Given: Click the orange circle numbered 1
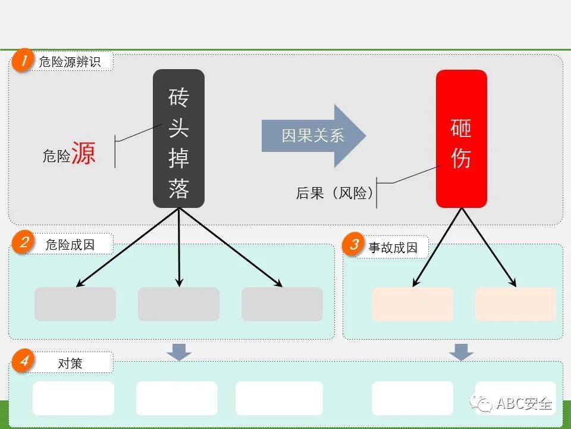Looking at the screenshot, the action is coord(23,61).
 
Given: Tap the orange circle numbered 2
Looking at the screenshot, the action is coord(23,243).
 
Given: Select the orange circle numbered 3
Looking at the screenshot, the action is coord(354,245).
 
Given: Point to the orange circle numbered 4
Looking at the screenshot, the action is coord(23,362).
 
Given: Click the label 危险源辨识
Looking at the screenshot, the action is coord(70,62).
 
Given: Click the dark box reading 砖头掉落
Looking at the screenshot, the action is coord(178,139).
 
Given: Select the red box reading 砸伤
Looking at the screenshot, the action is coord(461,139).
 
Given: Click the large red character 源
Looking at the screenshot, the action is coord(84,153).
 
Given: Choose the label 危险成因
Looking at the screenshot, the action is coord(70,244).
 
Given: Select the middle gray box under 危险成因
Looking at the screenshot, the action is coord(178,304).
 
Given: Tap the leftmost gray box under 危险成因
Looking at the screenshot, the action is coord(75,304).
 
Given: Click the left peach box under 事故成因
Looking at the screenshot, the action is coord(412,304).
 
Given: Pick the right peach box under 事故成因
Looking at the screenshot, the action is coord(515,304).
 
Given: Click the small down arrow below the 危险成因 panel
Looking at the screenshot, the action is coord(179,352).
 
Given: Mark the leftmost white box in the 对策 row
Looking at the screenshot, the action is coord(73,398).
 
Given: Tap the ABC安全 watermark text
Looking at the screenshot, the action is coord(524,404).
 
